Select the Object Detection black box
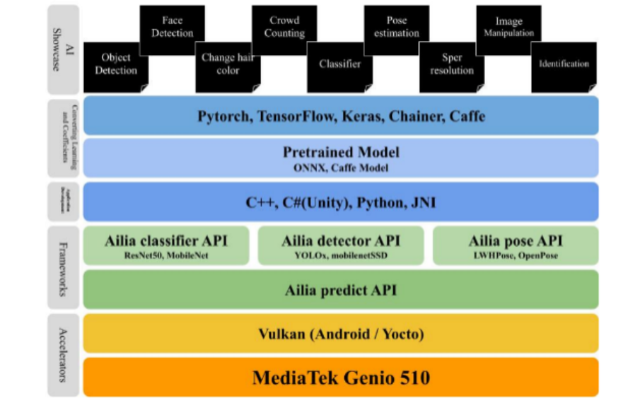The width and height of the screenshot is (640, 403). pos(116,65)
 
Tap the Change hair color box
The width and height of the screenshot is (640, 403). pos(227,65)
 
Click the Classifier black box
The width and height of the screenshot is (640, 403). pos(339,65)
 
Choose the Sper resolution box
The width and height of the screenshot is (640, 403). pos(451,65)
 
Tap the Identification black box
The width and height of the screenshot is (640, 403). pos(564,65)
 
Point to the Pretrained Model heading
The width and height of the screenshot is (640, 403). pos(341,152)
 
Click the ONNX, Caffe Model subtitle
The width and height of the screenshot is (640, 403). pos(341,168)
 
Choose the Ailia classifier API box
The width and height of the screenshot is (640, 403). pos(166,245)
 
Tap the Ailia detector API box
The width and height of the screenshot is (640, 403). pos(340,245)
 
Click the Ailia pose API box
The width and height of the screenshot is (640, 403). pos(515,245)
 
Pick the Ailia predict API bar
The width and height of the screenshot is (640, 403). pos(341,290)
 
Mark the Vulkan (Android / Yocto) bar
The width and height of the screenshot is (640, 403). pos(341,334)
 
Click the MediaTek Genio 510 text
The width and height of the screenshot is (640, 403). pos(341,377)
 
